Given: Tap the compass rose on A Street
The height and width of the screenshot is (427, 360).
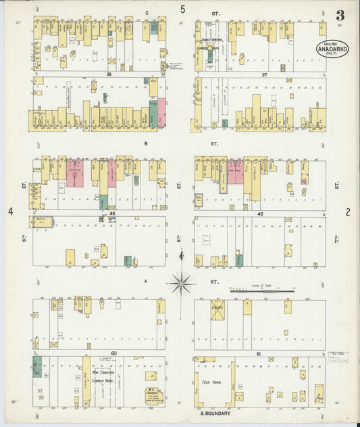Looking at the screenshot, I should (181, 282).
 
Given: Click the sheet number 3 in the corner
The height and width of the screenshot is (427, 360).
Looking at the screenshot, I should (340, 15).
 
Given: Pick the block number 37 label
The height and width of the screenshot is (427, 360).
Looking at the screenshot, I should (265, 74).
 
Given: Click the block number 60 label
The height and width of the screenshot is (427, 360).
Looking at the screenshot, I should (113, 353).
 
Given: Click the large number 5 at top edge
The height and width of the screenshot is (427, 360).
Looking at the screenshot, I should (182, 9).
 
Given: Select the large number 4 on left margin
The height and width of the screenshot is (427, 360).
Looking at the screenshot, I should (11, 211).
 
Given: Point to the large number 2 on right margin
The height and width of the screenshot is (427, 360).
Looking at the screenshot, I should (348, 211).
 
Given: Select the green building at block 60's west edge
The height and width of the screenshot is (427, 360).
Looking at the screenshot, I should (36, 366).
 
